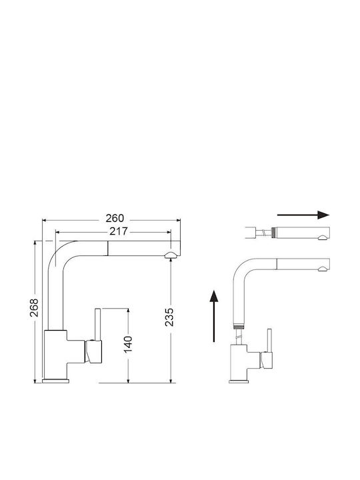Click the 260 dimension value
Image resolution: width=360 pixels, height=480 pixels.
[x=115, y=218]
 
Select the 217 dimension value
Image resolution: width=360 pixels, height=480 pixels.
[x=119, y=231]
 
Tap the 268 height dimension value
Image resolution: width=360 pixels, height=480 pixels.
[x=34, y=307]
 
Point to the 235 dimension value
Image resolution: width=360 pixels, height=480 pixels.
[x=169, y=317]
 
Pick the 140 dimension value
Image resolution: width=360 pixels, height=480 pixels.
[x=128, y=344]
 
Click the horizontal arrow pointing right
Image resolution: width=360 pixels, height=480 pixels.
[x=303, y=215]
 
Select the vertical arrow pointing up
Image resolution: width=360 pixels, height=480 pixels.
[x=214, y=315]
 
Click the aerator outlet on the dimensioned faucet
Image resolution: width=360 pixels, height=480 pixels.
[x=170, y=255]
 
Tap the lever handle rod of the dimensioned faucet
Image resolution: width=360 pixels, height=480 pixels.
[x=98, y=324]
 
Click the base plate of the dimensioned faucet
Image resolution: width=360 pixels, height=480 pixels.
[x=56, y=381]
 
